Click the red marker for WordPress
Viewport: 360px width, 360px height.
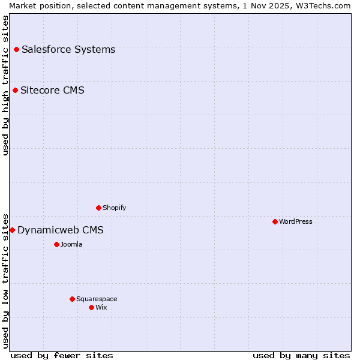click(275, 221)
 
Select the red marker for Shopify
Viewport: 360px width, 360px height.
click(98, 208)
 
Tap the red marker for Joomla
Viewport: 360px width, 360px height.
click(56, 244)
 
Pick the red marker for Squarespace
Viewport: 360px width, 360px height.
click(72, 299)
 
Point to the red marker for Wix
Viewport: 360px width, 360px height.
click(91, 307)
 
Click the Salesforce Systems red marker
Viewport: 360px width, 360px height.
click(16, 49)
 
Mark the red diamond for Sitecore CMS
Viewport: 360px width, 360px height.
click(15, 90)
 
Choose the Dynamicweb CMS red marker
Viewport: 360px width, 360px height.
click(12, 230)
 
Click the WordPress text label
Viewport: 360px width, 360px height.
click(296, 221)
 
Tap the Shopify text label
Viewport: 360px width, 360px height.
click(115, 208)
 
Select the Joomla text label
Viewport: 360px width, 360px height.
click(71, 244)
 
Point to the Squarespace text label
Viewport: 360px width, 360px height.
click(97, 299)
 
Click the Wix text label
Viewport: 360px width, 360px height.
click(101, 307)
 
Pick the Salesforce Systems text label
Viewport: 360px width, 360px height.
click(68, 49)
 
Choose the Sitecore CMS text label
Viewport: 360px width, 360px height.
click(52, 91)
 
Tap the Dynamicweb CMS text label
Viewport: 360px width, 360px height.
click(61, 230)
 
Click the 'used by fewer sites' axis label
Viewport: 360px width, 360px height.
click(62, 355)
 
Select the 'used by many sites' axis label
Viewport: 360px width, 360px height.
click(301, 355)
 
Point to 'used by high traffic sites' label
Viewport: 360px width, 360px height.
click(5, 85)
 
